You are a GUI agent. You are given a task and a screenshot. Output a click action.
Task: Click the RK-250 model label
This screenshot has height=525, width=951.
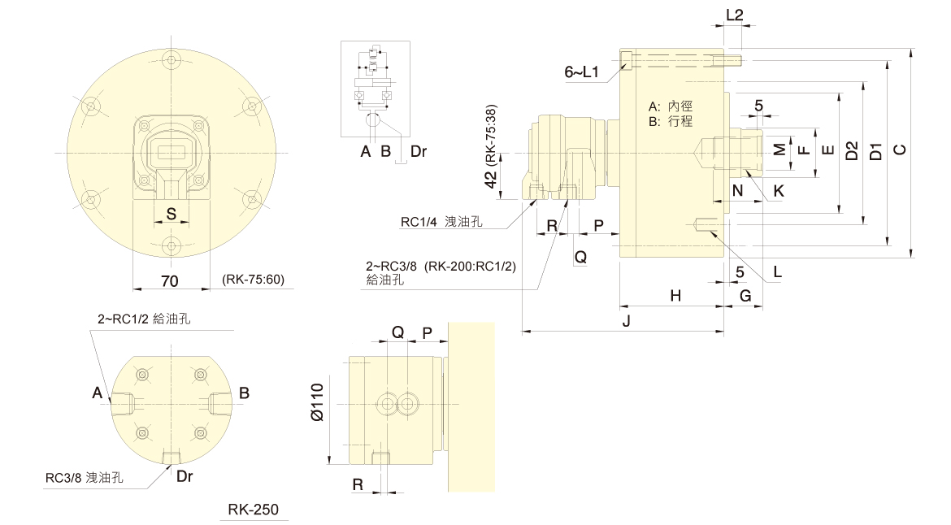click(x=253, y=510)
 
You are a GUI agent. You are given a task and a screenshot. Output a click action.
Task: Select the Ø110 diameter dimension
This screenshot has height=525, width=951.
click(x=317, y=401)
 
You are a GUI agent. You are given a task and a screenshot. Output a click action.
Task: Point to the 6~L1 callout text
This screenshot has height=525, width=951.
click(x=580, y=72)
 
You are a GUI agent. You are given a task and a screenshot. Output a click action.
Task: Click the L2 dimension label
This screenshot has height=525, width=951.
click(x=734, y=14)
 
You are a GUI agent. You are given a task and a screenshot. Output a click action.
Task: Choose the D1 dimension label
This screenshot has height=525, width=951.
click(x=875, y=150)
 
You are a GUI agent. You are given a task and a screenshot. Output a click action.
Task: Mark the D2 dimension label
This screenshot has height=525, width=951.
click(x=851, y=150)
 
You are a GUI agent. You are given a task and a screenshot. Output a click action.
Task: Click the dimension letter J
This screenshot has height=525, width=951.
click(x=626, y=322)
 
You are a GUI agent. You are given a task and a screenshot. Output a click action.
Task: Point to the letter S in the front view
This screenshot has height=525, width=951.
click(x=172, y=214)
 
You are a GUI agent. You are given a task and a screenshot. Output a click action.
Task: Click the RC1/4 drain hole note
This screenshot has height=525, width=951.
click(x=441, y=221)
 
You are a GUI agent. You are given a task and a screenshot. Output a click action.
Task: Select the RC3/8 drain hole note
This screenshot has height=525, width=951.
click(x=84, y=479)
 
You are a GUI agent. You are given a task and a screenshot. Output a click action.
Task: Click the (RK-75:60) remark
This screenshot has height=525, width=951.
click(x=253, y=280)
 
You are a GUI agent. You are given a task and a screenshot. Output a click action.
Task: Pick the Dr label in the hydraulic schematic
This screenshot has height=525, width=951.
click(x=419, y=151)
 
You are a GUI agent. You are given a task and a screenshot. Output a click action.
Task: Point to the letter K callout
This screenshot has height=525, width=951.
click(x=779, y=191)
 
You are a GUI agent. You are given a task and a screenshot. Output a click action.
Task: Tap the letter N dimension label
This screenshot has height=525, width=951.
click(x=737, y=191)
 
